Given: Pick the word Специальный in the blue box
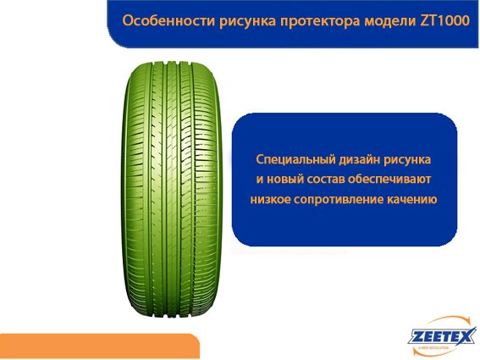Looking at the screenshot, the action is click(x=295, y=159).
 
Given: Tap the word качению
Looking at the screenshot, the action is click(x=412, y=199).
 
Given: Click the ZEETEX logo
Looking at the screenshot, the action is click(x=442, y=335).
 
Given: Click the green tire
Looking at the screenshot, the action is click(x=172, y=191).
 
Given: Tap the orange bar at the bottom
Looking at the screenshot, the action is click(x=100, y=346).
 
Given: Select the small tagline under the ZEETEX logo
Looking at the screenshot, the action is click(x=434, y=348).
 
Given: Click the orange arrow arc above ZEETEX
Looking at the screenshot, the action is click(x=446, y=321).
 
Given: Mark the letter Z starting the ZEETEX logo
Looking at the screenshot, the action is click(x=416, y=337).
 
